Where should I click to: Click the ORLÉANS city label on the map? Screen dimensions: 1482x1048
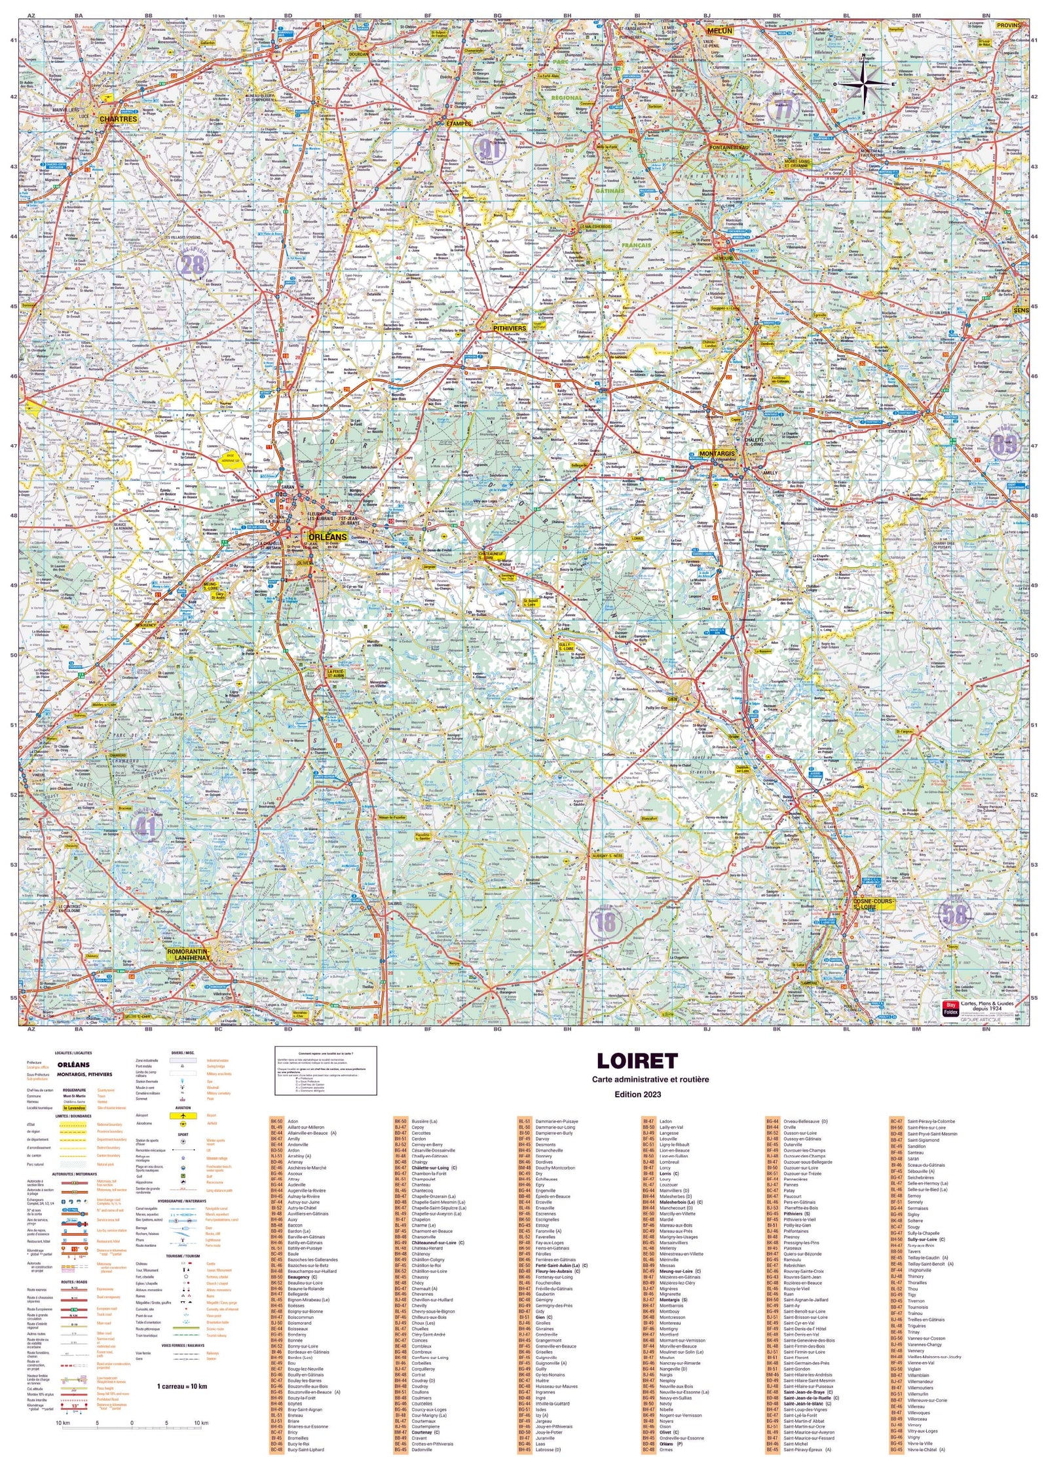point(327,537)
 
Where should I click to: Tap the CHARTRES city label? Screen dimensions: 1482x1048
point(119,119)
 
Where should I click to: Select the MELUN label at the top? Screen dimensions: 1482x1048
point(718,31)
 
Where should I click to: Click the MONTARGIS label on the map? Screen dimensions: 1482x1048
point(717,453)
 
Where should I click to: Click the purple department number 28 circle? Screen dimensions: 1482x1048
point(193,265)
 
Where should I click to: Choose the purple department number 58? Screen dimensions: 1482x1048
point(954,915)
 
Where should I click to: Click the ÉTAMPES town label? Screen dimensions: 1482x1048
point(458,123)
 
